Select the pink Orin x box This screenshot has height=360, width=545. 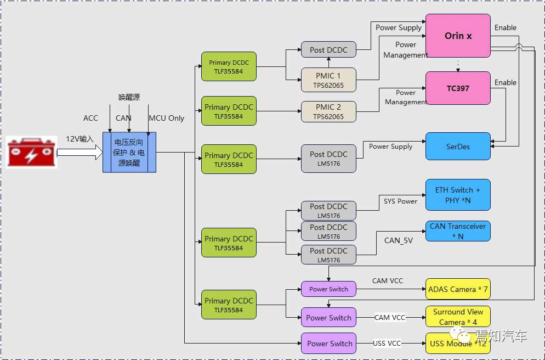458,36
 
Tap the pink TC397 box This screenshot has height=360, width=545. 458,88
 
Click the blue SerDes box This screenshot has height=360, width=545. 458,147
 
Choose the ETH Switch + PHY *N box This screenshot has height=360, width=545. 458,195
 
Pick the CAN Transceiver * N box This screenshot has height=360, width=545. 458,231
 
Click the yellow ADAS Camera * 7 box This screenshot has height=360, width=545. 458,289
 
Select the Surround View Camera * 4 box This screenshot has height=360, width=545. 458,317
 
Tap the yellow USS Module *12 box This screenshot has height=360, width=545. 458,344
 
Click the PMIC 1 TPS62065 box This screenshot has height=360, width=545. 328,80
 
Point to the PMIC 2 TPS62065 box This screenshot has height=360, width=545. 328,111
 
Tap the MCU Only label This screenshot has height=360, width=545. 167,118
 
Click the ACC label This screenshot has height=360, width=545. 90,118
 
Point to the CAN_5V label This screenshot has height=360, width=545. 399,240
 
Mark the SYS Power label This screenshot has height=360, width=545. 400,201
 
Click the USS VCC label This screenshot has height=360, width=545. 387,344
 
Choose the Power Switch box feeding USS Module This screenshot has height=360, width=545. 328,344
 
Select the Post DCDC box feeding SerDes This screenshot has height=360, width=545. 328,159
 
